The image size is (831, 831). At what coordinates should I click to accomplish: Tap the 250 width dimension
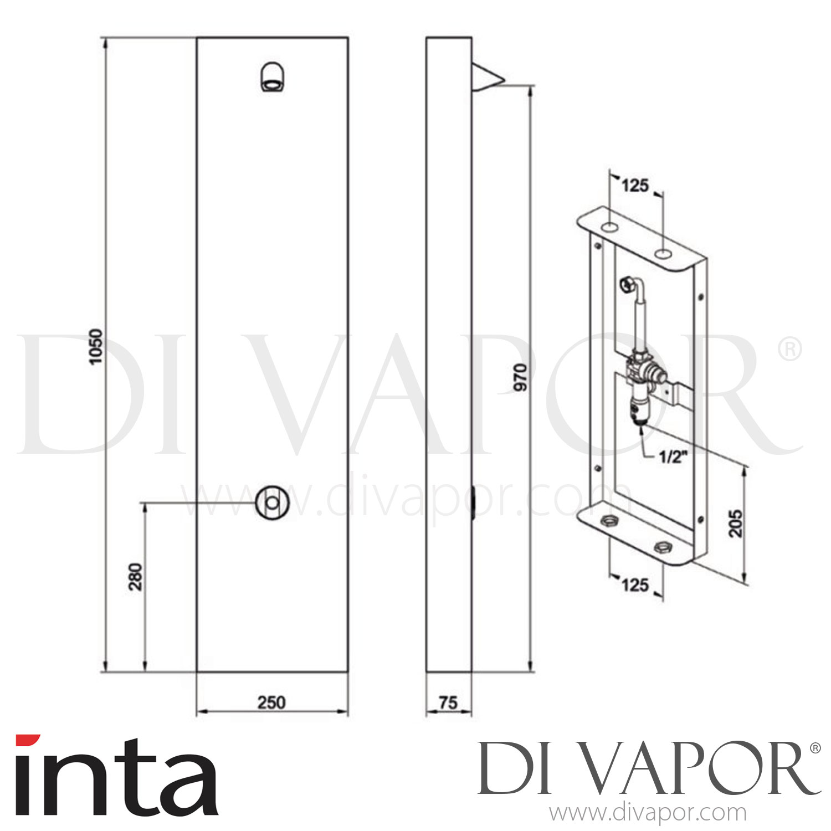point(271,702)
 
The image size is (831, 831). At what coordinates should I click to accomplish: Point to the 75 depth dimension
point(448,702)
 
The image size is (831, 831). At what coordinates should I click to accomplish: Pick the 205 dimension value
point(735,522)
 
